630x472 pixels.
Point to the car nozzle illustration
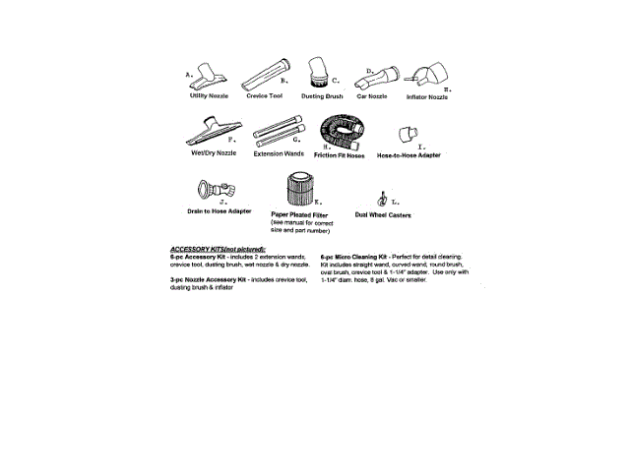pos(376,79)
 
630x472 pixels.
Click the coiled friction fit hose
pos(342,132)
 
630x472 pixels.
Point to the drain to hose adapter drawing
pos(218,188)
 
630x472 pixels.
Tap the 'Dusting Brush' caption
pos(322,96)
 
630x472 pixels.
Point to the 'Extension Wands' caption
pos(276,154)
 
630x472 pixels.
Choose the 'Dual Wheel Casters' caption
pos(385,214)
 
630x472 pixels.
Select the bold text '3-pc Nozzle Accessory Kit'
pos(208,279)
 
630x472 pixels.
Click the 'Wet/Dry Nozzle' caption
pos(213,153)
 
